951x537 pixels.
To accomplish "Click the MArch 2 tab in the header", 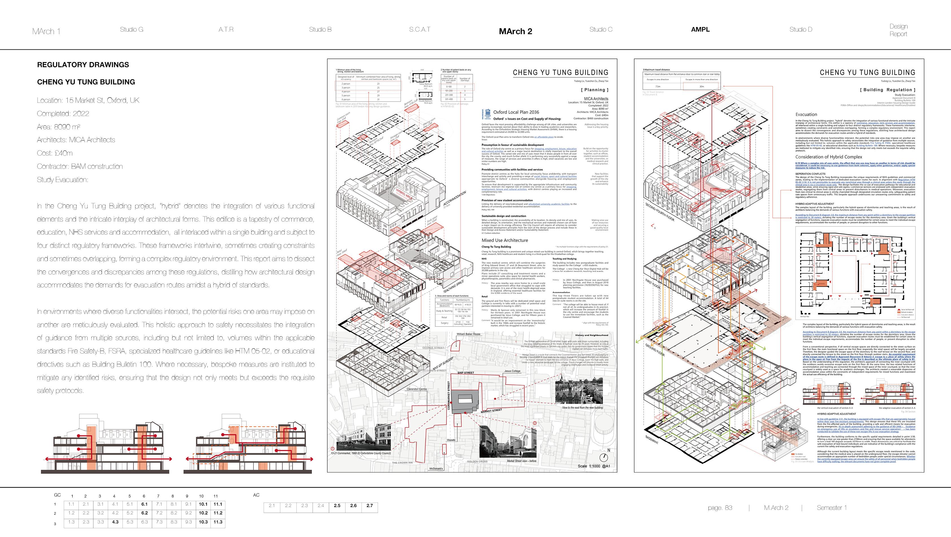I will [x=515, y=31].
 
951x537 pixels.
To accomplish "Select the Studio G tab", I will [x=132, y=30].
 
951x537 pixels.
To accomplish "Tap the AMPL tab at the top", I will [x=700, y=30].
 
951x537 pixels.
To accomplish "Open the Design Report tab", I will [x=898, y=30].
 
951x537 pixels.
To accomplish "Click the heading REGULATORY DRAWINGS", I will [x=83, y=65].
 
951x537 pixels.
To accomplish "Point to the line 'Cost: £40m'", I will [x=55, y=153].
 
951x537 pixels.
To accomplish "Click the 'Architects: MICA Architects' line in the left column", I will [x=76, y=139].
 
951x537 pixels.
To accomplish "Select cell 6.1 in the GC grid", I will [x=144, y=504].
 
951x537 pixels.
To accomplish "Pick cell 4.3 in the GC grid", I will [x=115, y=522].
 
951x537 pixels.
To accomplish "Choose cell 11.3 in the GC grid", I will [x=218, y=522].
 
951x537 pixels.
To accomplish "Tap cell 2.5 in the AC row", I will [x=337, y=506].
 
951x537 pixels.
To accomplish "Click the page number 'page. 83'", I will [x=720, y=508].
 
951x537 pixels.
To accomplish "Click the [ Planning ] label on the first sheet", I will [x=594, y=90].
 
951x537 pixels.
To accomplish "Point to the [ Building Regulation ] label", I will [x=887, y=90].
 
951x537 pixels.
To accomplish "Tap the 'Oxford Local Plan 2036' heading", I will [x=516, y=112].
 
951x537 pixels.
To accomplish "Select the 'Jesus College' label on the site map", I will [x=512, y=371].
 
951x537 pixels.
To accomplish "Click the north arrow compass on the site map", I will [x=604, y=457].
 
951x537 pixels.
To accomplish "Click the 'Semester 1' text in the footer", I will [x=832, y=508].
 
